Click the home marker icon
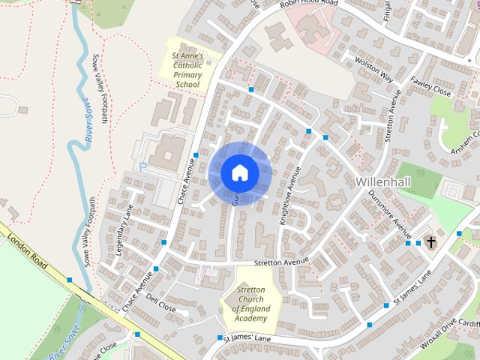tap(239, 172)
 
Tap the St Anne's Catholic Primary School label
tap(187, 70)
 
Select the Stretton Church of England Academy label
tap(250, 304)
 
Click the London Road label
tap(29, 250)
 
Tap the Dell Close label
tap(161, 307)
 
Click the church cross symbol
tap(430, 242)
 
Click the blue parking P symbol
tap(142, 165)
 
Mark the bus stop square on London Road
tap(70, 280)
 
